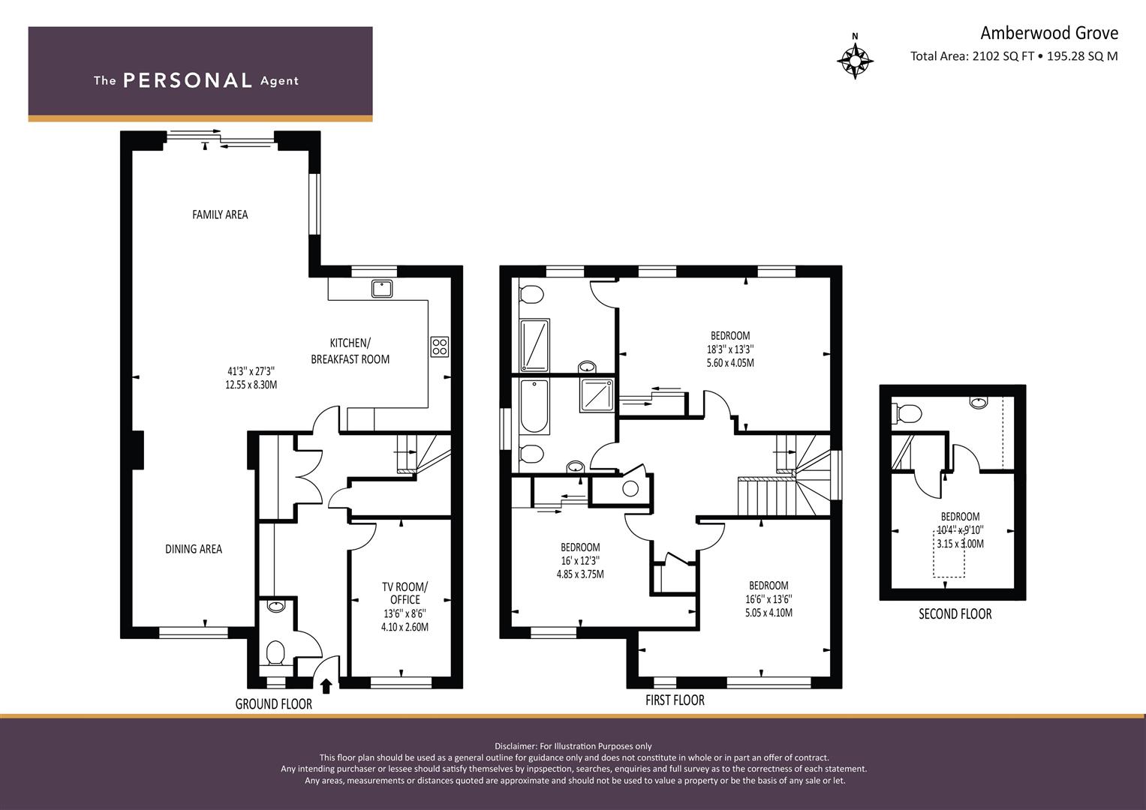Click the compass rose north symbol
coord(855,57)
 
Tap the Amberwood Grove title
coord(1048,33)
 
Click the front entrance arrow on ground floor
coord(326,685)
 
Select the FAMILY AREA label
coord(220,214)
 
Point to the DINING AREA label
coord(194,549)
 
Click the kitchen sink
coord(382,289)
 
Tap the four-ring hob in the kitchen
coord(440,346)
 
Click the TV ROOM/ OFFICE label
coord(405,593)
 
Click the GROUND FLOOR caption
coord(274,704)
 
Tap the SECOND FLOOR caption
coord(955,614)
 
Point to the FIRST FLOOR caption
coord(675,700)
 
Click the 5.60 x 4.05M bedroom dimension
coord(730,363)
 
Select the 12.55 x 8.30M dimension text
coord(251,385)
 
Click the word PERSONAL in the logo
coord(188,80)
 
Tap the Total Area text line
coord(1014,56)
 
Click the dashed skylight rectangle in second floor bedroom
coord(949,553)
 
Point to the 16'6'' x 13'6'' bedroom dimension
coord(769,598)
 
